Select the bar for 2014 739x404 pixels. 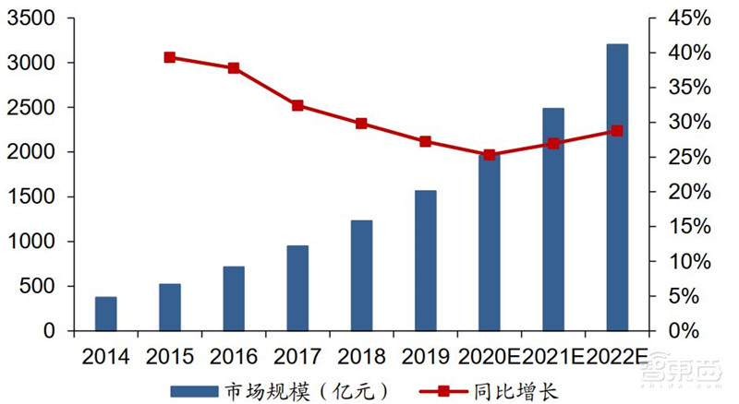(106, 314)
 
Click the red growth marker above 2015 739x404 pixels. (170, 57)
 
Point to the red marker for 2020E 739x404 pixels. (489, 155)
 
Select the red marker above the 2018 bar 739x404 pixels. (361, 123)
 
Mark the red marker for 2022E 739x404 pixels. (617, 131)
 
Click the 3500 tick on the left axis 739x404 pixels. (31, 18)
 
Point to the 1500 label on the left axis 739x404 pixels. (31, 196)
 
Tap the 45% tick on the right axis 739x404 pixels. (691, 18)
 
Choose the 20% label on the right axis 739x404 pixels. (691, 192)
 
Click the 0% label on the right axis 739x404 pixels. (696, 330)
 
